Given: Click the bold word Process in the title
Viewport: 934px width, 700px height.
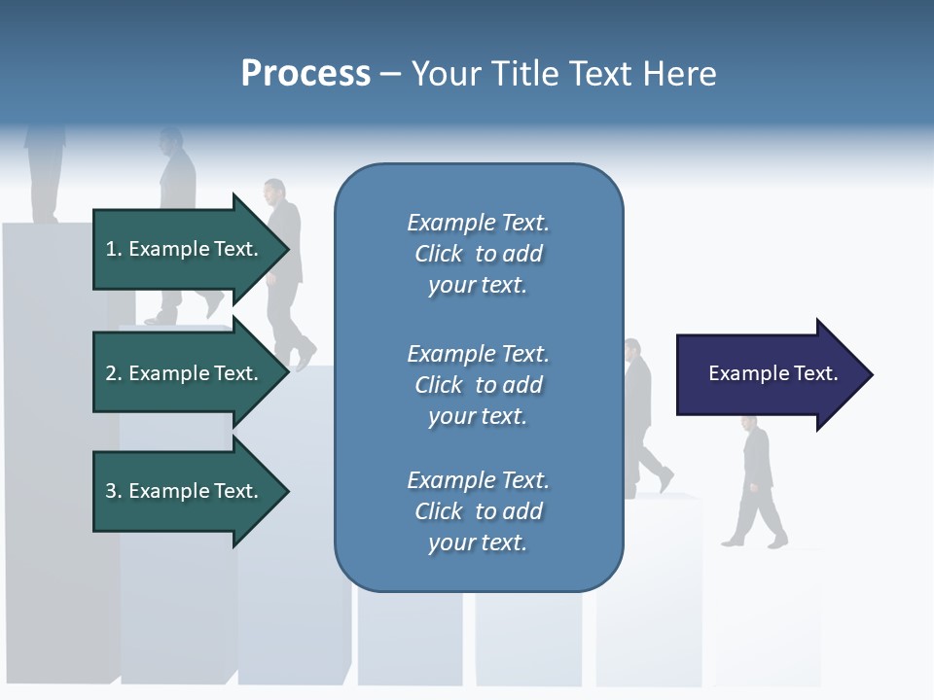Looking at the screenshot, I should pos(305,74).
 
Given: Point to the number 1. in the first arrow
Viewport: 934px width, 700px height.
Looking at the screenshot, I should pos(113,249).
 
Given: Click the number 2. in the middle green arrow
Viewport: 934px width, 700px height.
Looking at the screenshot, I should pos(113,373).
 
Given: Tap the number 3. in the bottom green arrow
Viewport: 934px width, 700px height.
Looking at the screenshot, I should pos(113,491).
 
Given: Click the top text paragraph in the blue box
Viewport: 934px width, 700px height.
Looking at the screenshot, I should pos(478,254).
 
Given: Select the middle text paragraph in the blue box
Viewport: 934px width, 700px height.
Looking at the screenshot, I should pos(478,385).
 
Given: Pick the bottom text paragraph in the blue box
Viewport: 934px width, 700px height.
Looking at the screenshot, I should pos(478,511).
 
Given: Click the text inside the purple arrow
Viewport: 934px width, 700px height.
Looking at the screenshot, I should pos(773,373).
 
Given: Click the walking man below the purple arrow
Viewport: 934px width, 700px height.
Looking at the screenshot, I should pos(756,481).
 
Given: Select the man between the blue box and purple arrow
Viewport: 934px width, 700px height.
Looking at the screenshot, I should pos(642,418).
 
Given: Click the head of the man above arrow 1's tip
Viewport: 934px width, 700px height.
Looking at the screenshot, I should pos(274,189).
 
